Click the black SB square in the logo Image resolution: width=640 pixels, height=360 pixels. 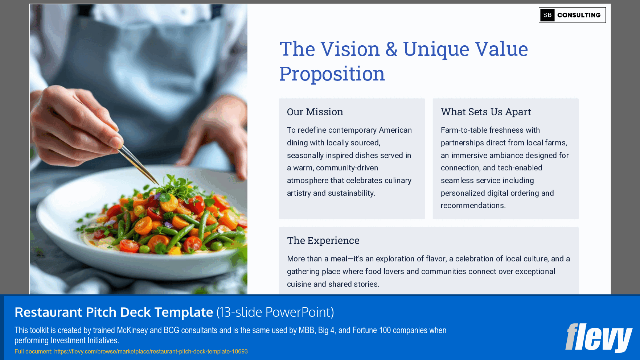[547, 15]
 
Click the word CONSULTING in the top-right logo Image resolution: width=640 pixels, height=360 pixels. [579, 15]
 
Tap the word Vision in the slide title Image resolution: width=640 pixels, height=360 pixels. [350, 49]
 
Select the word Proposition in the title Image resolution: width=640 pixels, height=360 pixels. [332, 74]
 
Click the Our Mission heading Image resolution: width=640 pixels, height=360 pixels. [315, 112]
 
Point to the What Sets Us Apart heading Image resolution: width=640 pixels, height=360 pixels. [486, 112]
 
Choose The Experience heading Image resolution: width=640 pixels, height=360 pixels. [323, 241]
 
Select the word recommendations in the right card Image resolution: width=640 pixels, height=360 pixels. [473, 206]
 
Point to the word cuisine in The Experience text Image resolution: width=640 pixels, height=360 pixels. [299, 284]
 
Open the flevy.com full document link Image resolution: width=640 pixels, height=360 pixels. [151, 351]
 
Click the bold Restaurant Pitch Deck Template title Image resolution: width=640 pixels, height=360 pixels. [114, 312]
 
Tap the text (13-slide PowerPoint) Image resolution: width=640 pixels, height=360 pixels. [275, 312]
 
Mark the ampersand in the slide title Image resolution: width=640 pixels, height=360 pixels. [391, 49]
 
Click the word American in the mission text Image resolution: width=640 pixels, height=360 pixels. [395, 130]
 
